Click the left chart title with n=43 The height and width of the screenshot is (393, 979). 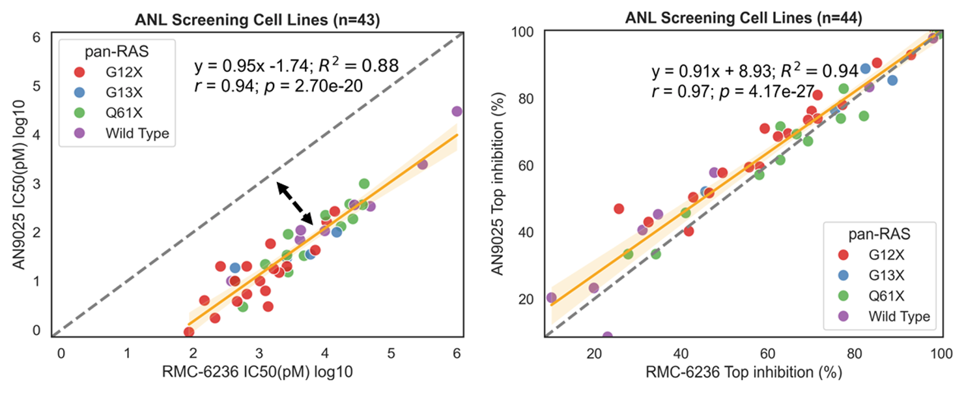click(257, 20)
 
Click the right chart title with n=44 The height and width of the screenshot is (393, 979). click(743, 18)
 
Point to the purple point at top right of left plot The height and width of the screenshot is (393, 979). click(457, 111)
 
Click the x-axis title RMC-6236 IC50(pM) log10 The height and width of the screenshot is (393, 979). click(257, 372)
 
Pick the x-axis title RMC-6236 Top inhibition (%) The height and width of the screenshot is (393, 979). click(744, 372)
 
